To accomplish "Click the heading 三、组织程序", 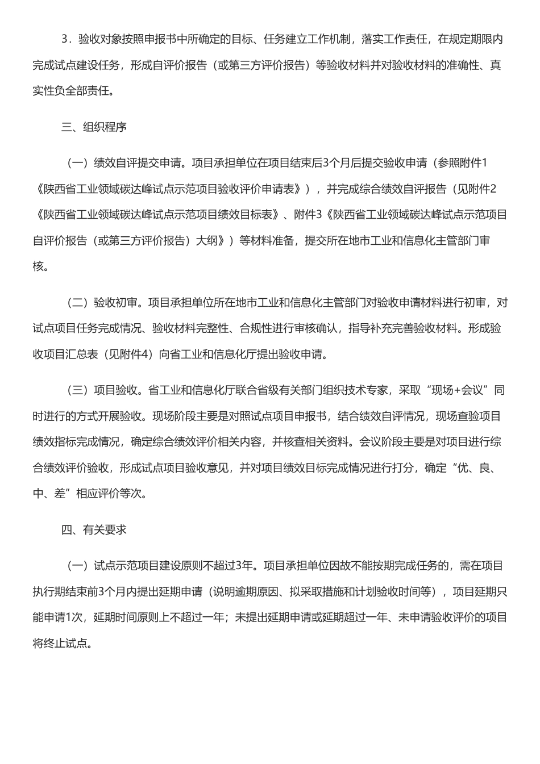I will (x=94, y=127).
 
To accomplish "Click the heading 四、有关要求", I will (x=94, y=530).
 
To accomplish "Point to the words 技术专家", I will (x=368, y=390).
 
